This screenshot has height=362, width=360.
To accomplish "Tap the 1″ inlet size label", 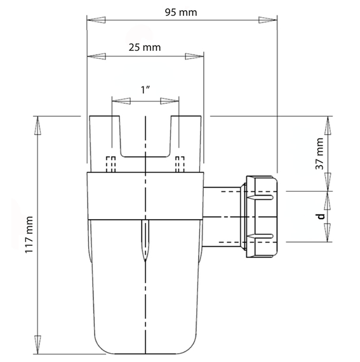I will tap(145, 90).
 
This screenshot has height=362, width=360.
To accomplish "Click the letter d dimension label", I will tap(321, 216).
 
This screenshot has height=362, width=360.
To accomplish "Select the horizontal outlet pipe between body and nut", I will tap(222, 216).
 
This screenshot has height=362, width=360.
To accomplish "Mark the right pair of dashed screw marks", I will tap(180, 164).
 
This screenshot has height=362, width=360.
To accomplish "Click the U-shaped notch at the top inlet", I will tap(145, 137).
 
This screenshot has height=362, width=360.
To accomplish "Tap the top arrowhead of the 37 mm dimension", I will tap(329, 124).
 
